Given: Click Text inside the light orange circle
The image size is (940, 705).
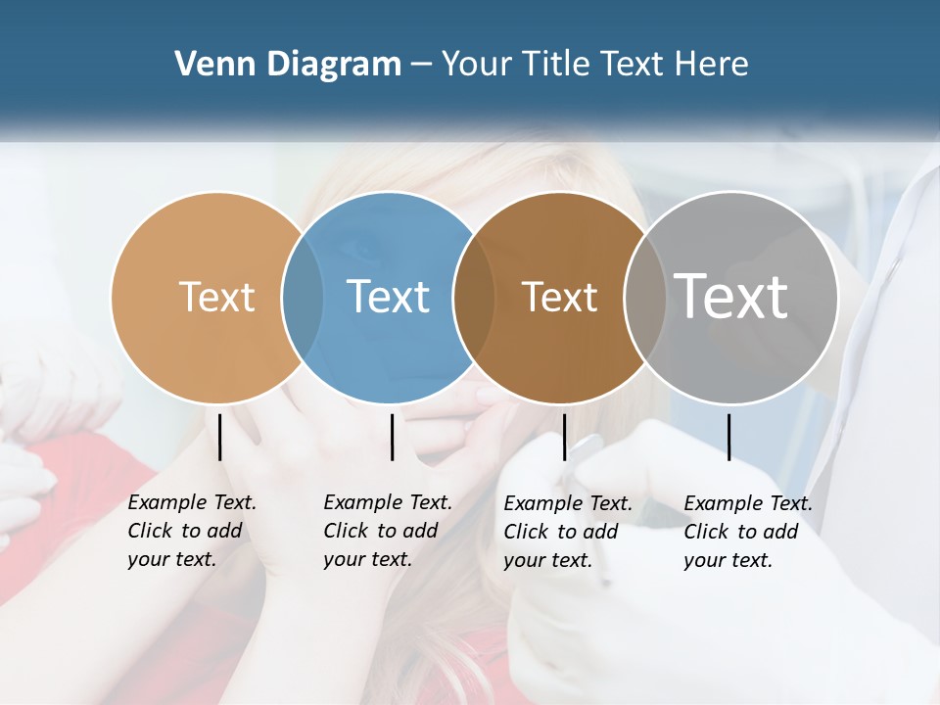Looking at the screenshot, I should pyautogui.click(x=216, y=297).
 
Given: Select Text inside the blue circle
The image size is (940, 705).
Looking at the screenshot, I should pyautogui.click(x=388, y=297).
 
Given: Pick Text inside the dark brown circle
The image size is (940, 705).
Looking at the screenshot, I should pyautogui.click(x=559, y=297).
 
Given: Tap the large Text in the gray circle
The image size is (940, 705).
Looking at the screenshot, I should pyautogui.click(x=731, y=297).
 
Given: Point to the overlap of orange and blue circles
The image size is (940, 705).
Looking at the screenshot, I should pyautogui.click(x=302, y=297).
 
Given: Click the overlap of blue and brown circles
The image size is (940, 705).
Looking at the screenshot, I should pyautogui.click(x=474, y=297).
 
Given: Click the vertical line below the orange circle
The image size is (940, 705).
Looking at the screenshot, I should pyautogui.click(x=219, y=437).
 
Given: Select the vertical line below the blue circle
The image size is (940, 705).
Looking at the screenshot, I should pyautogui.click(x=392, y=437).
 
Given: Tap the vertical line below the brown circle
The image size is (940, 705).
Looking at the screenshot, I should pyautogui.click(x=564, y=437).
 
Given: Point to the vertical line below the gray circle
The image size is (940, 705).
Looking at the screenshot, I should pyautogui.click(x=728, y=437).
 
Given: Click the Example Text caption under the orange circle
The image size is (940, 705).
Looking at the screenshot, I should pyautogui.click(x=192, y=531).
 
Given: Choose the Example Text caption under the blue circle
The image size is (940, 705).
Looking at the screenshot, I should pyautogui.click(x=388, y=531).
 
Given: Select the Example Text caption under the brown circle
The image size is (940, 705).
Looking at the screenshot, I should pyautogui.click(x=568, y=532).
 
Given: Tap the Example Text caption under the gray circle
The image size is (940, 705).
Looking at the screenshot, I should pyautogui.click(x=748, y=532).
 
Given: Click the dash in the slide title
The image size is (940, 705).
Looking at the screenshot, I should pyautogui.click(x=421, y=65).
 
